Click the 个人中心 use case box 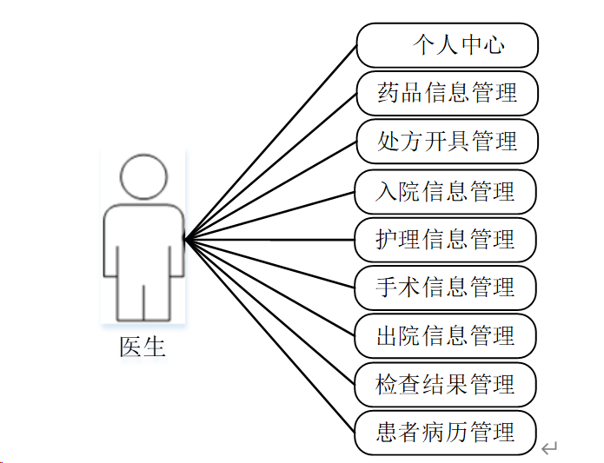click(x=448, y=45)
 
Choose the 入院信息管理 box click(x=446, y=192)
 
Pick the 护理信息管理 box click(x=446, y=240)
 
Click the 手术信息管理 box click(x=446, y=288)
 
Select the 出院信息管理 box click(x=446, y=336)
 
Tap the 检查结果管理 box click(x=446, y=385)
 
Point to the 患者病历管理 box click(x=446, y=433)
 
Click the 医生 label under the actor click(x=142, y=347)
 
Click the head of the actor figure click(x=143, y=177)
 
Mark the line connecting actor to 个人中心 click(x=269, y=142)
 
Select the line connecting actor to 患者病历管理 click(x=269, y=334)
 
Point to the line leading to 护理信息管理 click(x=269, y=239)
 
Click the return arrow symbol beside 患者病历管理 click(x=548, y=448)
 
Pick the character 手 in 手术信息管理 click(x=387, y=288)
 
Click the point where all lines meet click(x=185, y=238)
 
